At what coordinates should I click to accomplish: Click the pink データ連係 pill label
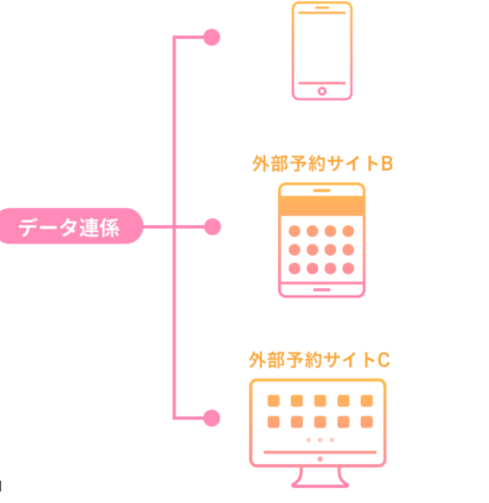70,226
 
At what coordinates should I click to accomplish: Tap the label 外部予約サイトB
323,164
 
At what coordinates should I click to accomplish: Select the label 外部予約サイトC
320,360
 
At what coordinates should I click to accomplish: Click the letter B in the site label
387,164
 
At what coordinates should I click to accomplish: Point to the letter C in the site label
384,360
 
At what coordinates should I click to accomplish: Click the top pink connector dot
212,37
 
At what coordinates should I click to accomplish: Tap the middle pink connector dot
212,227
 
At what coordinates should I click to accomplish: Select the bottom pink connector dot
212,418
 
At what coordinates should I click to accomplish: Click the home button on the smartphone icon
322,91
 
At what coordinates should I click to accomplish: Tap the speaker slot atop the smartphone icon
322,7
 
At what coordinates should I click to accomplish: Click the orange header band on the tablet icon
322,206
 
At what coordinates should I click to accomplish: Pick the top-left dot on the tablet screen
295,231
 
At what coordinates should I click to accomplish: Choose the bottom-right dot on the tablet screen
349,269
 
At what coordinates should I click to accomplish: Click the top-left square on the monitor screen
273,401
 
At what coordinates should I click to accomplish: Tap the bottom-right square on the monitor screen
366,422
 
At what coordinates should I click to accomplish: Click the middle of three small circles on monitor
320,440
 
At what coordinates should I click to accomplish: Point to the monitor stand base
320,485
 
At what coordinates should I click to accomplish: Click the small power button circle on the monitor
320,459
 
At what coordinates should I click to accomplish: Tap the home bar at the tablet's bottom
322,290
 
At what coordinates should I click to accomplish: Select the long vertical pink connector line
175,228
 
